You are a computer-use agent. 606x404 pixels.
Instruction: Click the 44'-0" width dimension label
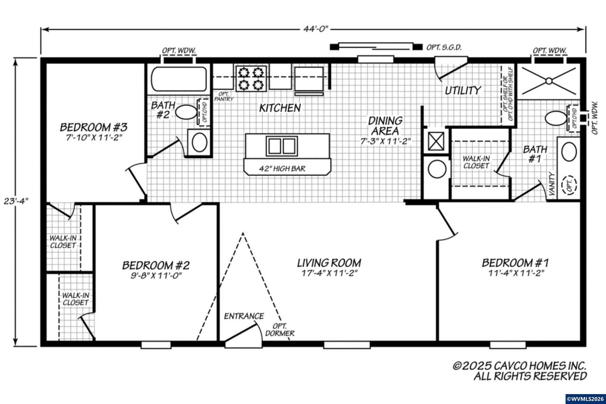tap(315, 29)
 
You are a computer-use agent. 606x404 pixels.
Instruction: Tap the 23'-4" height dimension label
tap(16, 201)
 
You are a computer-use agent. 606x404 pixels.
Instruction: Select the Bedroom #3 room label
tap(94, 127)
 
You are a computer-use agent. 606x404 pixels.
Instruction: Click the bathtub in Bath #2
tap(179, 79)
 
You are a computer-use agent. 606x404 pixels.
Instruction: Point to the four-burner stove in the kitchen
tap(251, 78)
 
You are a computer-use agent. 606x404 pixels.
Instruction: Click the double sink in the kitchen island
tap(282, 146)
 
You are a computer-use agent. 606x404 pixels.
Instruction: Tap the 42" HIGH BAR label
tap(282, 169)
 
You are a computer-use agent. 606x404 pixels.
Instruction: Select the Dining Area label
tap(385, 126)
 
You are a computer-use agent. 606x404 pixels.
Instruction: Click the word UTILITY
tap(463, 90)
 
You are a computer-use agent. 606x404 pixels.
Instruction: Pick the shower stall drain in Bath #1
tap(549, 81)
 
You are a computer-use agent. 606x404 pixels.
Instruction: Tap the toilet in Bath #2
tap(186, 112)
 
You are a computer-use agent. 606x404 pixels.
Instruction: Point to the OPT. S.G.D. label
tap(444, 47)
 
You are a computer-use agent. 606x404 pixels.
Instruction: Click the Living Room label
tap(329, 263)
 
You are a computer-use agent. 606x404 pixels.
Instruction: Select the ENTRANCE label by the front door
tap(244, 316)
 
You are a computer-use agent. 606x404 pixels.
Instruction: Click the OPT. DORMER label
tap(280, 330)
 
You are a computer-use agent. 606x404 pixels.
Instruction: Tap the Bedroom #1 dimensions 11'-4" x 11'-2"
tap(516, 273)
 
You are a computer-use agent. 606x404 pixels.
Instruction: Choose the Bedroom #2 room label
tap(156, 265)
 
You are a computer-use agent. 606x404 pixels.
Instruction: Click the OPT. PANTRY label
tap(224, 96)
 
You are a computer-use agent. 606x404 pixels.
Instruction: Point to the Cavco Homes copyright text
tap(519, 371)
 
